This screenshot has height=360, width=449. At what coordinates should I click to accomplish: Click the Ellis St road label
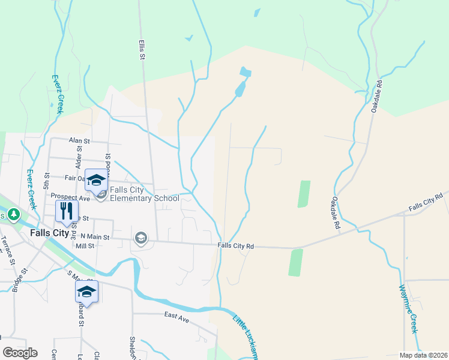142,46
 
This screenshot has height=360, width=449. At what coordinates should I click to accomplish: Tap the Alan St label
79,140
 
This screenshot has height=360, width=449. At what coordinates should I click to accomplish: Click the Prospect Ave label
70,197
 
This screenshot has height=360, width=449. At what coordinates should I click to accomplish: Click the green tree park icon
12,214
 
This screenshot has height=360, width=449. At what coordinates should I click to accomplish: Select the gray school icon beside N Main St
141,238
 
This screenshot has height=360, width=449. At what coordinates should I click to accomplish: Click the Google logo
20,353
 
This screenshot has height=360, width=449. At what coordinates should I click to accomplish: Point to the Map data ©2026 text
423,355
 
